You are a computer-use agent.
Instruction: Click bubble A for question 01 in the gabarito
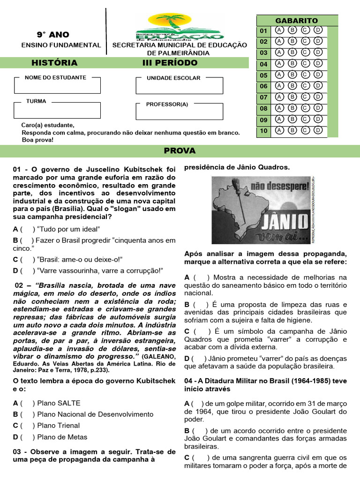(x=280, y=30)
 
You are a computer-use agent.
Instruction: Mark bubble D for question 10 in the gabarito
(x=318, y=130)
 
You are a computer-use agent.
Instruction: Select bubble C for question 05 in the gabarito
(x=306, y=75)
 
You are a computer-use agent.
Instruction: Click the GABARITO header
(x=296, y=21)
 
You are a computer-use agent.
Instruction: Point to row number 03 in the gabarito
(x=263, y=53)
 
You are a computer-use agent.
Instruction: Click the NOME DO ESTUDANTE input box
(x=57, y=86)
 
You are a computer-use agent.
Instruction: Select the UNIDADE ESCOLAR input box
(x=179, y=86)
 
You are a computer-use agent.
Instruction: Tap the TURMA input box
(x=57, y=110)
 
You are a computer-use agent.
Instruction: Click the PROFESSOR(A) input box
(x=179, y=111)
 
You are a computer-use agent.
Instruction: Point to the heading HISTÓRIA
(x=54, y=63)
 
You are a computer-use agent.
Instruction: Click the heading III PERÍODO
(x=170, y=63)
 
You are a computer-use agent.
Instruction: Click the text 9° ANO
(x=53, y=35)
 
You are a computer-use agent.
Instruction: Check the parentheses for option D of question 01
(x=27, y=270)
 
